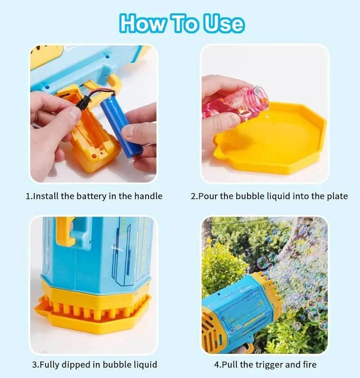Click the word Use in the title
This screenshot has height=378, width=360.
(223, 23)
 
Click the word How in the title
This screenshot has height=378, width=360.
(142, 23)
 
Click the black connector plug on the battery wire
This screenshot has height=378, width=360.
(82, 103)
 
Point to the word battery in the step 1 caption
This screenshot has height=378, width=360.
(91, 196)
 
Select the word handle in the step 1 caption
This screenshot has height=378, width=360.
(148, 196)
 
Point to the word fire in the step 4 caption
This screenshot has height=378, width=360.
(310, 364)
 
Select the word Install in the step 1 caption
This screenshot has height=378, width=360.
(46, 196)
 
